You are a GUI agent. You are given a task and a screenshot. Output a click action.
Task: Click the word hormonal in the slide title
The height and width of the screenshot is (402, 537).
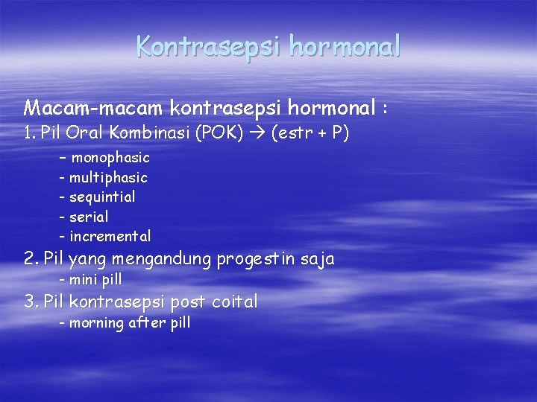coord(345,46)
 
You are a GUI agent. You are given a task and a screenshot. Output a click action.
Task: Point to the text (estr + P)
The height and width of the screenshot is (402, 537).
coord(310,135)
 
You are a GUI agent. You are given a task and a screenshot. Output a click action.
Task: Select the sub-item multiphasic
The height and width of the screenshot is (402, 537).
coord(108,178)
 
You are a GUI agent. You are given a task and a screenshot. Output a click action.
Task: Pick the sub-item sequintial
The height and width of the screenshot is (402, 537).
coord(102,197)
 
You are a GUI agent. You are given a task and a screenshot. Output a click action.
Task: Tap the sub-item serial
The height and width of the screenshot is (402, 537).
coord(89,217)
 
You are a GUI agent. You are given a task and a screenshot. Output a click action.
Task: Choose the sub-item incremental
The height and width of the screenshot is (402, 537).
coord(110,237)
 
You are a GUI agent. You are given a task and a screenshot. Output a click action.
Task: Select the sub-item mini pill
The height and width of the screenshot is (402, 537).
coord(95,280)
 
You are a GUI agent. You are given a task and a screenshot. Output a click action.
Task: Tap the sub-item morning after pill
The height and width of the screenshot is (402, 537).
coord(130,323)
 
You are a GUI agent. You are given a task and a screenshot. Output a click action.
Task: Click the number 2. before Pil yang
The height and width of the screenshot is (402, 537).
coord(31,259)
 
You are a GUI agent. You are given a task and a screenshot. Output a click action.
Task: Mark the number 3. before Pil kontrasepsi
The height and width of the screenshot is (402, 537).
coord(31,301)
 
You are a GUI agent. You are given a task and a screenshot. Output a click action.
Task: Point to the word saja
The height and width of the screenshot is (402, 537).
coord(316,260)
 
